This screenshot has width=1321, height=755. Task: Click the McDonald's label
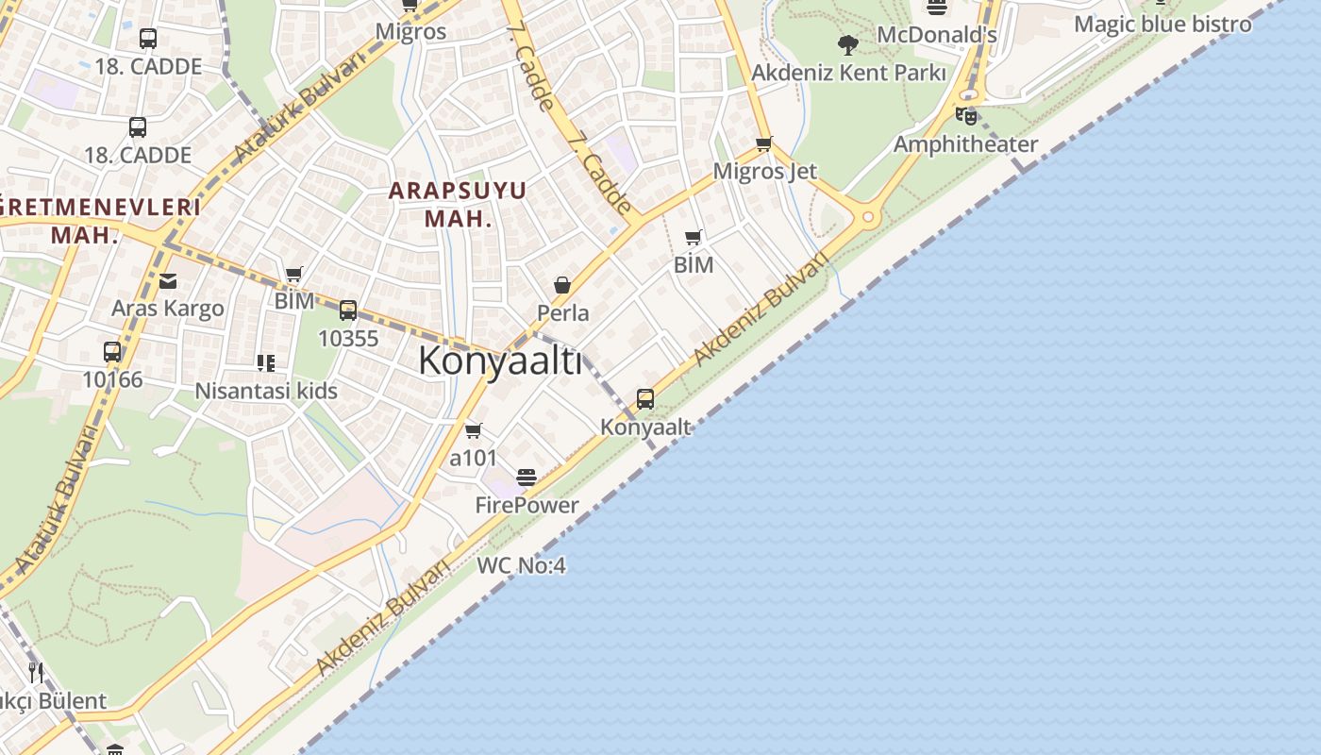point(936,35)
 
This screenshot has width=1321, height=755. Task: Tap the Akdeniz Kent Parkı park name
point(848,72)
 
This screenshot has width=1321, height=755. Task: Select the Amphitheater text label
point(965,144)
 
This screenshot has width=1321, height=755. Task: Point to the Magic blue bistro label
point(1162,24)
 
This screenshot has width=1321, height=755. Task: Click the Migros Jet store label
point(764,171)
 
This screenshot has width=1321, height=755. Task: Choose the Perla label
point(562,312)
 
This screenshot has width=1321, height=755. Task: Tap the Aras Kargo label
point(168,308)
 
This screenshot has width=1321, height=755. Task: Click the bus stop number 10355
point(348,338)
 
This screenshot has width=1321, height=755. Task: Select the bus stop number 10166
point(112,379)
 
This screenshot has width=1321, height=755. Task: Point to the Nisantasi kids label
point(266,391)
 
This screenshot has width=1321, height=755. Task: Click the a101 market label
point(473,458)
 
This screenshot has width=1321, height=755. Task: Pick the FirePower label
point(527,505)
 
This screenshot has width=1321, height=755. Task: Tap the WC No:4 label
point(521,565)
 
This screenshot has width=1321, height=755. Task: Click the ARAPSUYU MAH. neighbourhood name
point(458,204)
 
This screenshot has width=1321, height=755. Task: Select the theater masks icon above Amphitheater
point(965,116)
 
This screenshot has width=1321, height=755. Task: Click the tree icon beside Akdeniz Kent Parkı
point(848,44)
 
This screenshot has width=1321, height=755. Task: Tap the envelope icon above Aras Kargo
point(168,280)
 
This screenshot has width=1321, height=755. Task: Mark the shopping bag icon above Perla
point(562,285)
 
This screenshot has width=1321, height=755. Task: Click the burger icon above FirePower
point(527,478)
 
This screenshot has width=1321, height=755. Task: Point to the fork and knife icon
point(36,672)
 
